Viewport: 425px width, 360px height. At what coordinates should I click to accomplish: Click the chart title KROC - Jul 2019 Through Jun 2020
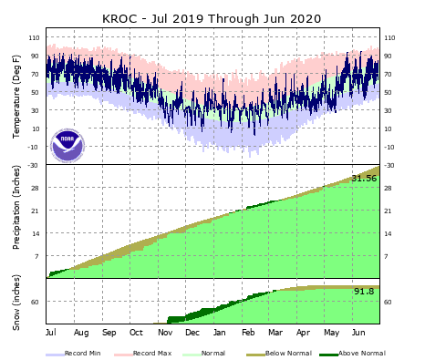(x=212, y=18)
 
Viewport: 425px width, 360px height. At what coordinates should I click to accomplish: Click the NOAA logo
(x=67, y=144)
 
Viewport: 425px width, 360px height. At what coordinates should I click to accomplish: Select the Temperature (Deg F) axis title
(x=16, y=97)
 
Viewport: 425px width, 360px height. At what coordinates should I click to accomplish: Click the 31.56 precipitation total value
(x=364, y=178)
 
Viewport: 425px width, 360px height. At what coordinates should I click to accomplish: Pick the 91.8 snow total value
(x=364, y=291)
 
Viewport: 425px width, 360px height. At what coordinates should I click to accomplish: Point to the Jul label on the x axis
(x=50, y=333)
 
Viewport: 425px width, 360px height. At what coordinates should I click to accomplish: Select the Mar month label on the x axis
(x=275, y=333)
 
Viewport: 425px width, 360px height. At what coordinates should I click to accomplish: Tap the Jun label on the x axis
(x=359, y=333)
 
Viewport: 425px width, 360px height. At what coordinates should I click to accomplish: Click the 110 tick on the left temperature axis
(x=35, y=37)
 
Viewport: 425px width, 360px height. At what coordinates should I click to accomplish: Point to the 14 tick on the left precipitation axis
(x=37, y=234)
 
